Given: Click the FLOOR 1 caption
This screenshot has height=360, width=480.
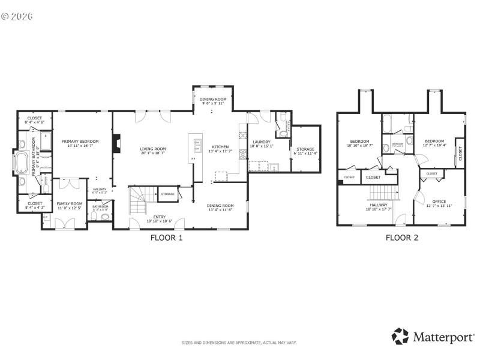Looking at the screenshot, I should (166, 238).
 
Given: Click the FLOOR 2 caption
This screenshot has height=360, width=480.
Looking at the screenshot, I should (401, 238).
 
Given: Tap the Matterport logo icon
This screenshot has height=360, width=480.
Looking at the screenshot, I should (400, 336).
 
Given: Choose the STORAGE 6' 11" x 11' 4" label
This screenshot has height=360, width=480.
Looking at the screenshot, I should (305, 151).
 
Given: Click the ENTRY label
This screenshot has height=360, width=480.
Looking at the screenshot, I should (159, 218).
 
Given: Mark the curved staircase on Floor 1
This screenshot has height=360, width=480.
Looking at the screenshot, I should (138, 200).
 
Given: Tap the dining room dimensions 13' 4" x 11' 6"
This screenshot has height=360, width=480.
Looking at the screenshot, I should (220, 211).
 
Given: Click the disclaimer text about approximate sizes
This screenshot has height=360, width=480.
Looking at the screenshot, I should (239, 343).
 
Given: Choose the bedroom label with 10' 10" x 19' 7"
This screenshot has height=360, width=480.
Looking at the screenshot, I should (360, 145).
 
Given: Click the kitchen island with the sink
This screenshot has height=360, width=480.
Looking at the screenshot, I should (195, 148).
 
